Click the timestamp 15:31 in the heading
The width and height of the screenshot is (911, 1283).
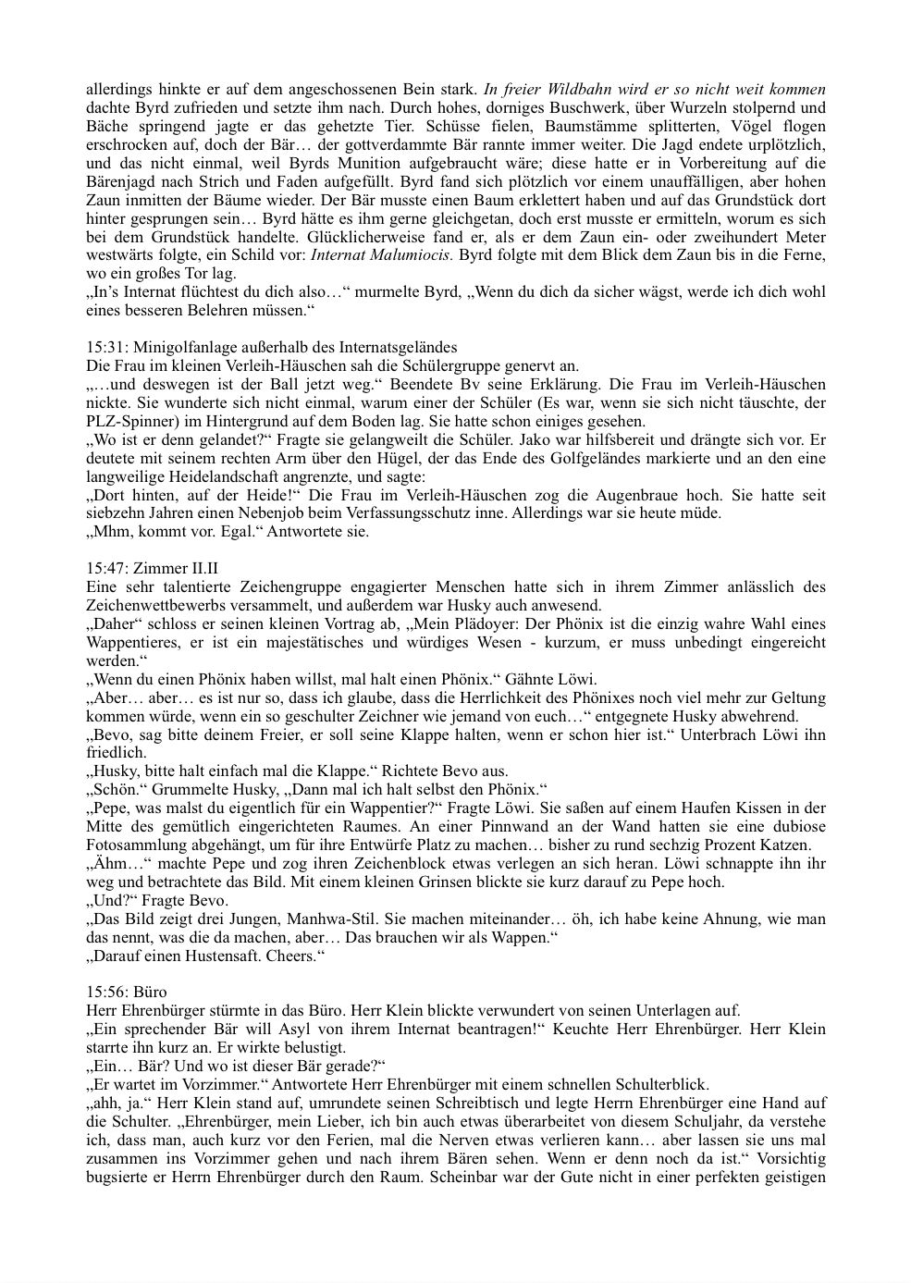pos(105,348)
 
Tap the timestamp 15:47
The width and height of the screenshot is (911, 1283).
pos(105,569)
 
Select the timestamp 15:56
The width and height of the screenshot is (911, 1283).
pos(105,993)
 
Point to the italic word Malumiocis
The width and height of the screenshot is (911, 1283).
pos(413,254)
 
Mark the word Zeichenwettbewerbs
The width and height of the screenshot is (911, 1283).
pos(154,606)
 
